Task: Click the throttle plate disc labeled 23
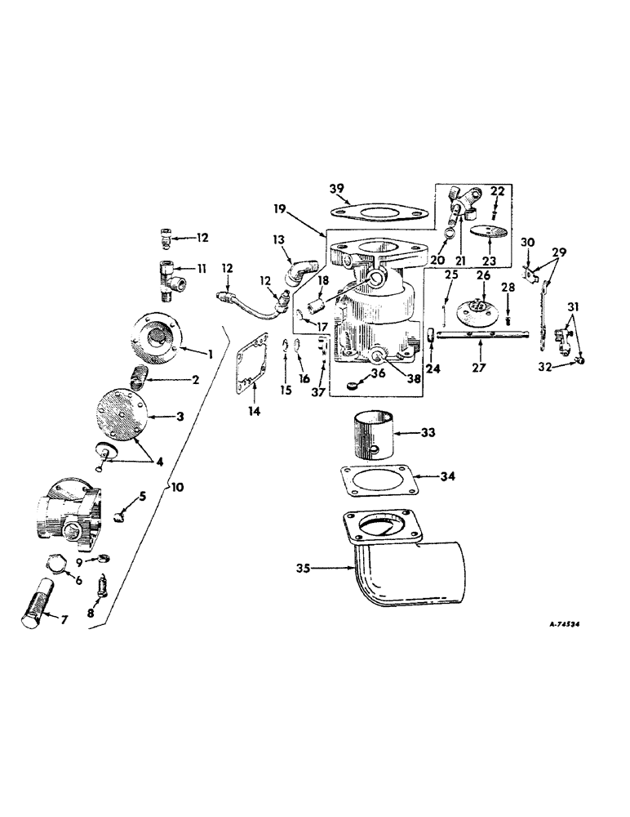489,232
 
